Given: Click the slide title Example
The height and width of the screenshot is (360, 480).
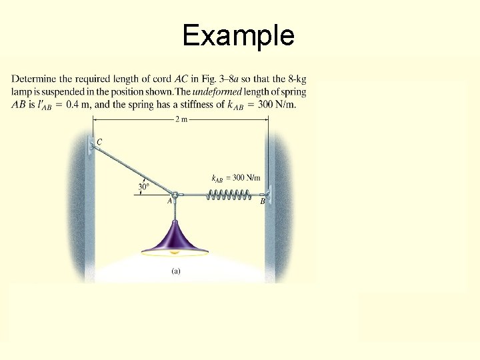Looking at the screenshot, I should point(238,35).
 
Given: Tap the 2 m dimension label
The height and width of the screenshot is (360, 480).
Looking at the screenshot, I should point(181,119).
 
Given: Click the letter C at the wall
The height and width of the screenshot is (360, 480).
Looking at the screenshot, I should point(99,142).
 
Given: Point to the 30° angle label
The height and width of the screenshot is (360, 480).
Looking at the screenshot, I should point(144,187).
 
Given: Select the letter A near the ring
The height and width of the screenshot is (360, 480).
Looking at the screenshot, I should point(169,200).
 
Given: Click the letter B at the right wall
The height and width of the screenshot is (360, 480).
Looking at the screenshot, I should point(262,201).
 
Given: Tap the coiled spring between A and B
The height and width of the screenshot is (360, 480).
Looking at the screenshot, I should point(228,195).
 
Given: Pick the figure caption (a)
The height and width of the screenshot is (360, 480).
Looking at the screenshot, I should point(175,271).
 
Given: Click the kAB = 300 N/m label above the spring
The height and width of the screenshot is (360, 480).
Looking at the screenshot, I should point(235,178).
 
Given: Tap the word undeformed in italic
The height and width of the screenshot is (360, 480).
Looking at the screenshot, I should point(239,91).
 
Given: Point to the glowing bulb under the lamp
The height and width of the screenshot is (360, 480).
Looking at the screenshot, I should point(175,253).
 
